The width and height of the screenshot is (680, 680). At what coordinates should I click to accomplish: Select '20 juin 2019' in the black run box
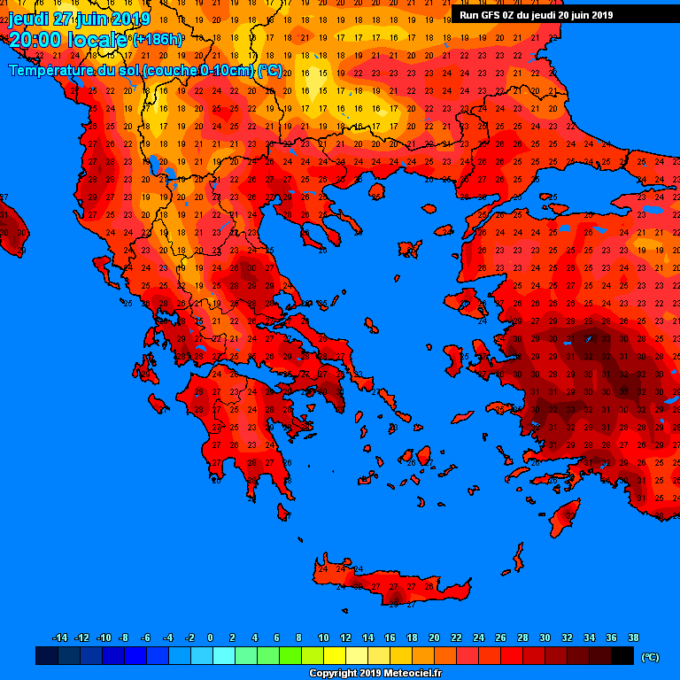(x=579, y=15)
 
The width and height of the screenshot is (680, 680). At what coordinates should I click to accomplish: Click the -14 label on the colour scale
(x=60, y=637)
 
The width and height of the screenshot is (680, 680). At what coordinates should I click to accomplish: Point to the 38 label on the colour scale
(x=633, y=637)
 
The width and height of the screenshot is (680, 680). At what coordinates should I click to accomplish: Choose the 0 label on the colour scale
(x=210, y=637)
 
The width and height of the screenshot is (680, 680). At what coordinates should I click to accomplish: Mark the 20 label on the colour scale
(x=434, y=637)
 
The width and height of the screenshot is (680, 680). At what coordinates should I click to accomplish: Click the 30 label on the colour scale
(x=545, y=637)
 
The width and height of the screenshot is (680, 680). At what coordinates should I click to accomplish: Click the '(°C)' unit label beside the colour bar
(x=651, y=657)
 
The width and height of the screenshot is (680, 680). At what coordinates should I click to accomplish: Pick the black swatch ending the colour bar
(x=622, y=656)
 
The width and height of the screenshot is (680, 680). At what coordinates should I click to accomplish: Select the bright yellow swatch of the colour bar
(x=335, y=656)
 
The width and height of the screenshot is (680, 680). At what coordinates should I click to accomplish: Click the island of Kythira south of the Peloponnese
(x=283, y=512)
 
